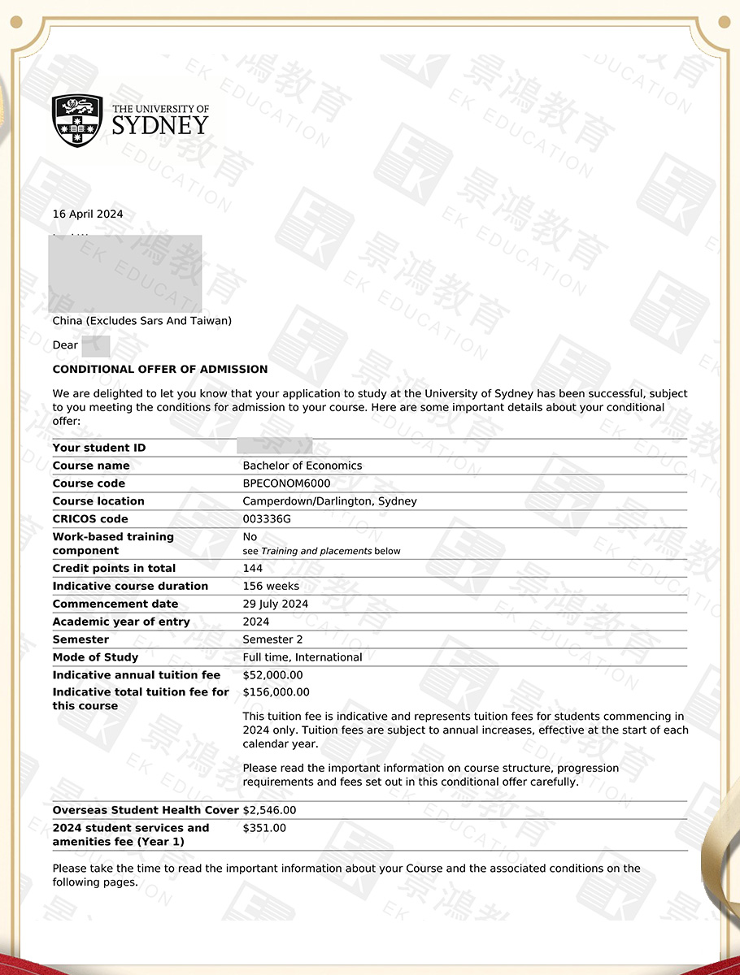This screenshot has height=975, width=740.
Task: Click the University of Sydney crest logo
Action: tap(77, 120)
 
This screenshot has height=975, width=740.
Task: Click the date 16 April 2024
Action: tap(88, 214)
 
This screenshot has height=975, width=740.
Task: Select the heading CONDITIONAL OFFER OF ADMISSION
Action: tap(160, 369)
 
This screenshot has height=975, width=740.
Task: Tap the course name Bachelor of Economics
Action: tap(303, 466)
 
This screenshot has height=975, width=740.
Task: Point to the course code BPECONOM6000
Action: tap(286, 483)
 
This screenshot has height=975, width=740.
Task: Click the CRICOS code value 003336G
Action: tap(267, 519)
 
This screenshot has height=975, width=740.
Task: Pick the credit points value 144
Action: tap(253, 568)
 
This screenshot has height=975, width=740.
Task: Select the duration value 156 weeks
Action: tap(271, 586)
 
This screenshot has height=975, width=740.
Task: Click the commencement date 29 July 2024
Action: tap(276, 604)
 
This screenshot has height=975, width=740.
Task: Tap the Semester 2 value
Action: tap(273, 639)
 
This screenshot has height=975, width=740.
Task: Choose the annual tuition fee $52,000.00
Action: tap(272, 675)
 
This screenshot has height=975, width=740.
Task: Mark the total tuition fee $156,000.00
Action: tap(276, 692)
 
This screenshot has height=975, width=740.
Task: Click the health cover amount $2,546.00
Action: tap(269, 810)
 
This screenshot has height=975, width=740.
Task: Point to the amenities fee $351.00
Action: tap(264, 828)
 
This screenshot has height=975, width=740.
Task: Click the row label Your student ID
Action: tap(99, 448)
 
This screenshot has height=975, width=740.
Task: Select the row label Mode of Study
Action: tap(95, 657)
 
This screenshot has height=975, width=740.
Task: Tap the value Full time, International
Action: tap(303, 657)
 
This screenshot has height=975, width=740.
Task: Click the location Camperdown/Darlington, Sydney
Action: tap(329, 501)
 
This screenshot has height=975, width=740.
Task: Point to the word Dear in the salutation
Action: tap(65, 345)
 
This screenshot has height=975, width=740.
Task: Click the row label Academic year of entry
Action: tap(121, 622)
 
